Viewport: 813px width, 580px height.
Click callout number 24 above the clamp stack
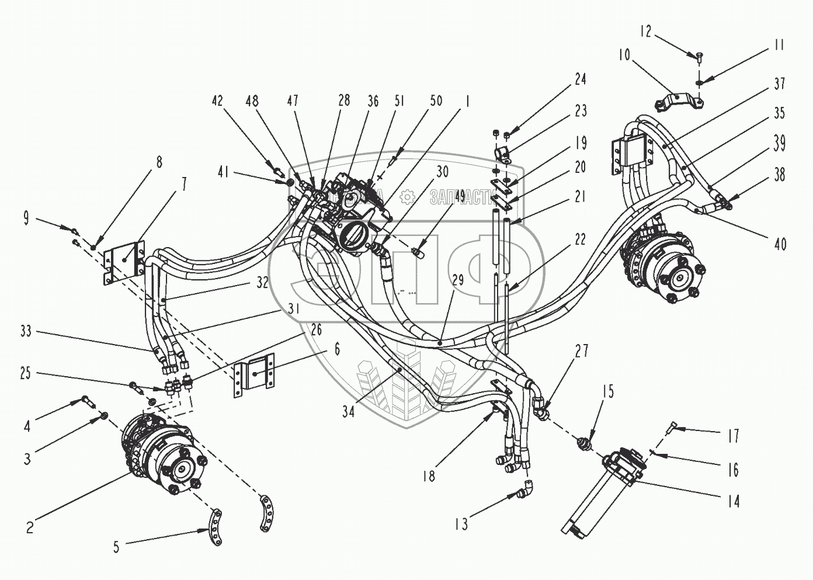point(580,79)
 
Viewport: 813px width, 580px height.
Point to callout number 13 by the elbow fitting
point(461,525)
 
